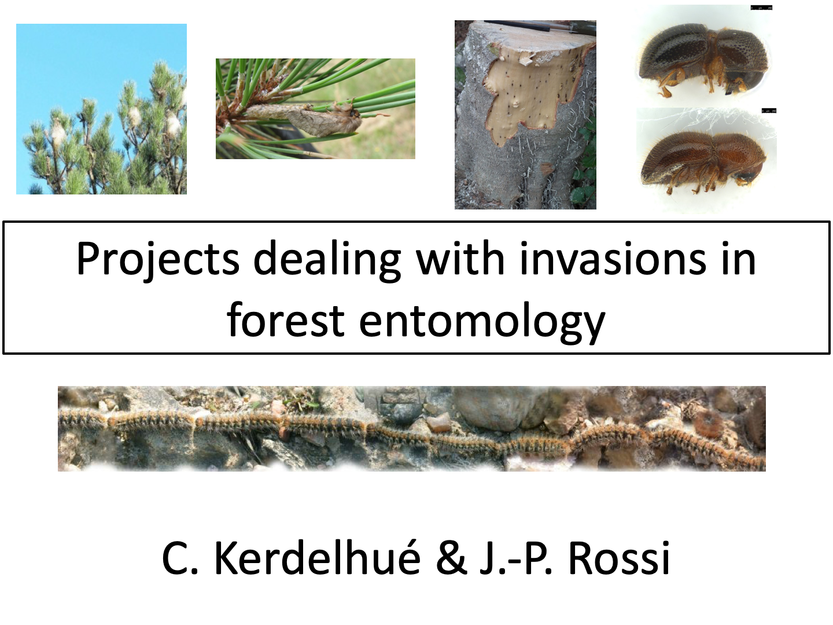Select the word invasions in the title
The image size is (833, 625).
pos(613,258)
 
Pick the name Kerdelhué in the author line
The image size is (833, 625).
pos(318,557)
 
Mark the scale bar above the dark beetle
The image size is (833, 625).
pos(761,8)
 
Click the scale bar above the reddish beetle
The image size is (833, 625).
pos(769,111)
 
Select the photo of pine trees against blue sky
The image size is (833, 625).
pos(101,109)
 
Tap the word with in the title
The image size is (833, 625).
pos(460,258)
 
